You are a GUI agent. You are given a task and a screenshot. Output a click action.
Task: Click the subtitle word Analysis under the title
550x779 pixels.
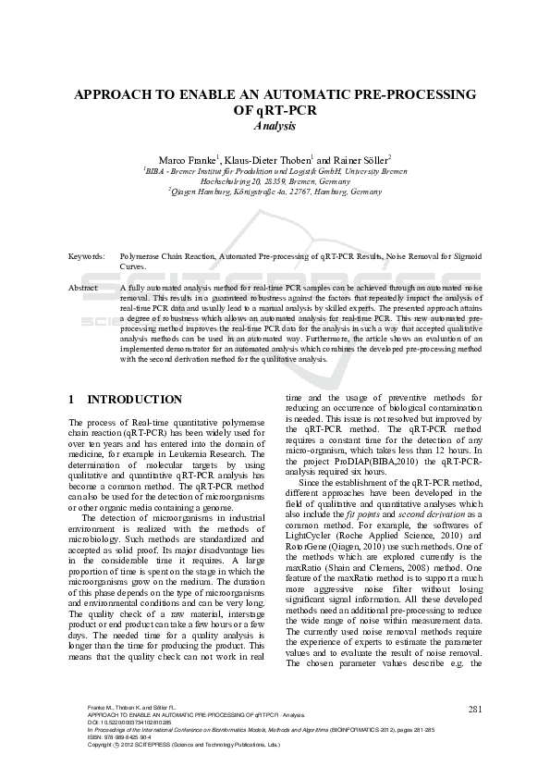275,125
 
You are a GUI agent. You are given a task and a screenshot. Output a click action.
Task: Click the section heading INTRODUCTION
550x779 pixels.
134,400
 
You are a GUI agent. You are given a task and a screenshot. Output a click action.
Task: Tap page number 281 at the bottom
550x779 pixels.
475,709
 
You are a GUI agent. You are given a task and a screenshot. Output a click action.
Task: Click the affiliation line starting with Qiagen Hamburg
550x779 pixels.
275,192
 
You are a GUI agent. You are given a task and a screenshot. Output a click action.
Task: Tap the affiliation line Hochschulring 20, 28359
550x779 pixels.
275,181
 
